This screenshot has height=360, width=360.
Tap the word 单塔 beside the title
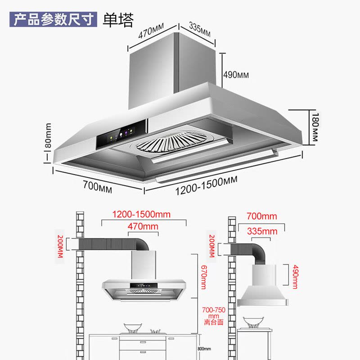[118, 20]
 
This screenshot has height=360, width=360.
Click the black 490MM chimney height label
[236, 75]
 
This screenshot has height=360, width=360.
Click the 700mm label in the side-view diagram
[262, 216]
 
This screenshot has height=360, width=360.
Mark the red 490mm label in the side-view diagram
[295, 276]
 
